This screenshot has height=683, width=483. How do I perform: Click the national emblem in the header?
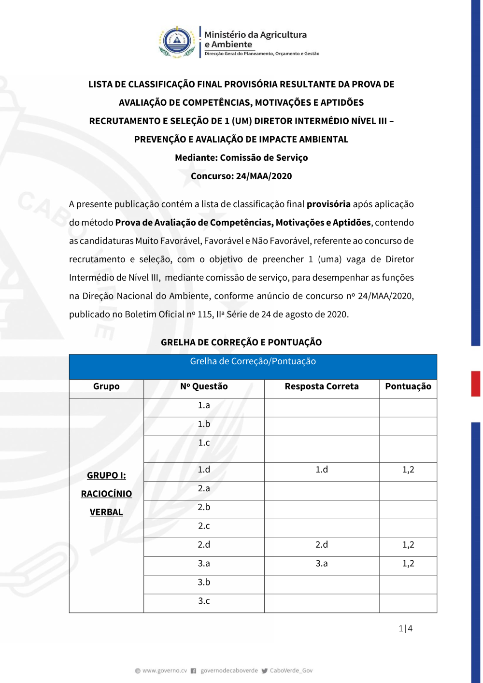pos(177,42)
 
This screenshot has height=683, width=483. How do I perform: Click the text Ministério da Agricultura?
pos(256,35)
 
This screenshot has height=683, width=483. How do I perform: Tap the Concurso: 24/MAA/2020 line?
pos(241,176)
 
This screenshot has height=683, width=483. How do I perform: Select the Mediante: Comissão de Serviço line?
pos(241,158)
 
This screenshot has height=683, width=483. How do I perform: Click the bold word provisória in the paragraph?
pos(328,204)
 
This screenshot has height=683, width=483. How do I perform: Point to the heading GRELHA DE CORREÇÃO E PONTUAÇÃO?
pos(241,342)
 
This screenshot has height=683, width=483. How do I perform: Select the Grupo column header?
pos(106,386)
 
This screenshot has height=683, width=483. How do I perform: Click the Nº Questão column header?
pos(204,386)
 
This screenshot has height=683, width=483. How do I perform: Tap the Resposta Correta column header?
pos(322,386)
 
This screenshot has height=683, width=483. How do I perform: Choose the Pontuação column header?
pos(408,386)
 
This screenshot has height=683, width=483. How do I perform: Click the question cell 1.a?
pos(204,405)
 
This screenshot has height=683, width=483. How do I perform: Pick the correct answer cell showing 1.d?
pos(322,470)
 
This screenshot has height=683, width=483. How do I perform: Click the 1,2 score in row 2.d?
pos(408,545)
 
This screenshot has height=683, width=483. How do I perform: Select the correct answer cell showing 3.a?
pos(322,564)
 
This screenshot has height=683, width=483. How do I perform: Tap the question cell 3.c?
pos(204,601)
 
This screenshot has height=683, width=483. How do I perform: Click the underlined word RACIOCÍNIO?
pos(106,494)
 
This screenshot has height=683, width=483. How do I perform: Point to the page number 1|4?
pos(405,628)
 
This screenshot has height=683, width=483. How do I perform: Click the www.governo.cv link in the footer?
pos(164,671)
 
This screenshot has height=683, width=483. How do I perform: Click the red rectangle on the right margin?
pos(476,384)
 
